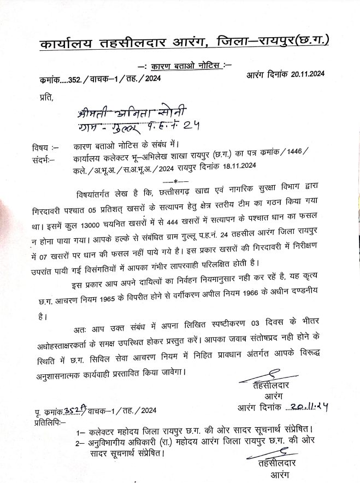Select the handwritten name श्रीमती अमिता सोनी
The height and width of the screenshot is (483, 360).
click(x=132, y=114)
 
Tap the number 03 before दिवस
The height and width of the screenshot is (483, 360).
click(x=252, y=329)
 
